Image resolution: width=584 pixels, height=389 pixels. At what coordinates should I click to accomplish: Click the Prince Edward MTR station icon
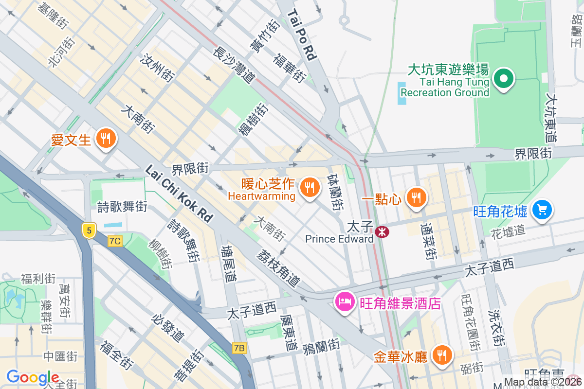click(382, 232)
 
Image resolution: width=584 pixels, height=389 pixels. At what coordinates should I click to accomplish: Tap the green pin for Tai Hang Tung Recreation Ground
click(504, 78)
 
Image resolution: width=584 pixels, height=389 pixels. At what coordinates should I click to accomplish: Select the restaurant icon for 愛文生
click(105, 139)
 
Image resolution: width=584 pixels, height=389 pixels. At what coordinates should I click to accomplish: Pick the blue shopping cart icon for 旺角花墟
click(542, 211)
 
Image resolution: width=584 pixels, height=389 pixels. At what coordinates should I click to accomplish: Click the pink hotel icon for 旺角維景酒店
click(345, 302)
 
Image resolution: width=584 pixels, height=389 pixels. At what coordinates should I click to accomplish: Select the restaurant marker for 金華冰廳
click(441, 355)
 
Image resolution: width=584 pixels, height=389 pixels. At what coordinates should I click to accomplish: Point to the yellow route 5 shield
click(88, 230)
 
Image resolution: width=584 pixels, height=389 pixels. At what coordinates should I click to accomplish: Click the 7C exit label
click(115, 241)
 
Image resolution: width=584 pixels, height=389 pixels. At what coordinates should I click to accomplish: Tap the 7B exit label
click(239, 348)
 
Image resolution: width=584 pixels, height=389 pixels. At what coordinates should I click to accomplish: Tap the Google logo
click(33, 377)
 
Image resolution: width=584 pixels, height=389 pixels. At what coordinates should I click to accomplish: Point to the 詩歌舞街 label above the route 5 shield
click(122, 207)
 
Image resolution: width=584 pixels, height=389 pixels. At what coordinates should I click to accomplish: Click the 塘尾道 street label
click(228, 265)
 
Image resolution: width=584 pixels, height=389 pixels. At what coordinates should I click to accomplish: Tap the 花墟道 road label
click(508, 230)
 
